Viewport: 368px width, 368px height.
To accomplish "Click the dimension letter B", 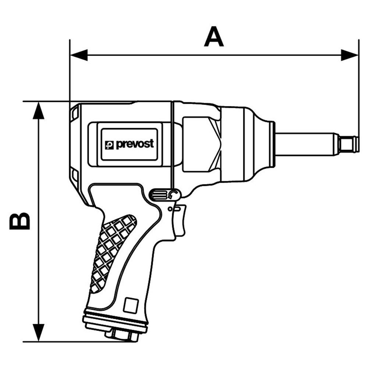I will pos(20,221).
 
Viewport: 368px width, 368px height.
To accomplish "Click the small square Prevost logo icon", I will pos(109,145).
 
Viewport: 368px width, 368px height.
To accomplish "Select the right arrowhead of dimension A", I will pos(350,55).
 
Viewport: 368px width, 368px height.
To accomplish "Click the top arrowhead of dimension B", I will pos(38,111).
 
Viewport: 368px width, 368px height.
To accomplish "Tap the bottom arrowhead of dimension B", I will pos(38,332).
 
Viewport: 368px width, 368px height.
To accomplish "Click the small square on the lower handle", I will pos(131,305).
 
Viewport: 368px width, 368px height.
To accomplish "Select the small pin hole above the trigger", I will pos(170,209).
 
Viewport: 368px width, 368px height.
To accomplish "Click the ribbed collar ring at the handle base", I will pos(116,321).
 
